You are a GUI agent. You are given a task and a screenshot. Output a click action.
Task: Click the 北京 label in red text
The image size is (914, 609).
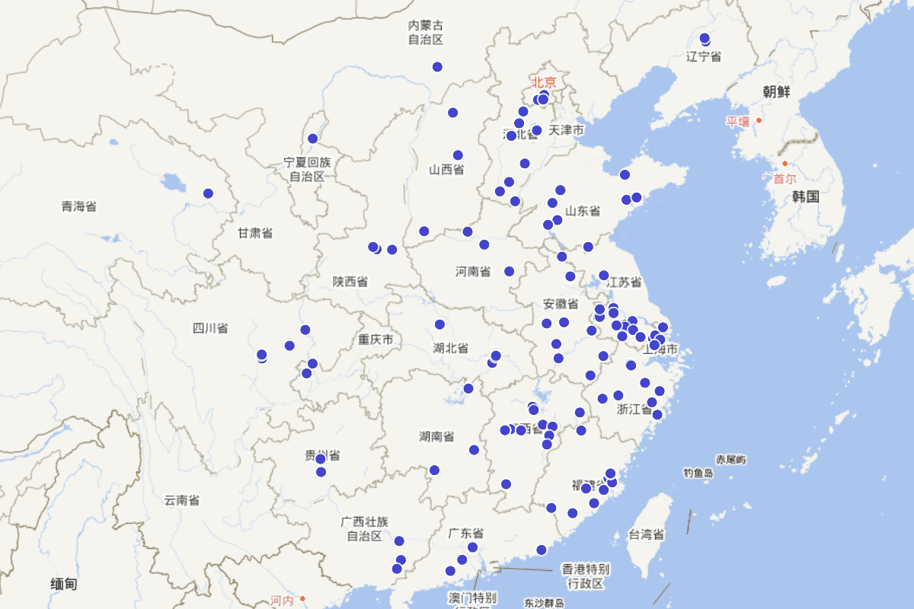pos(545,81)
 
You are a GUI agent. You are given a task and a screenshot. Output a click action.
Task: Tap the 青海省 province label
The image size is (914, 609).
pos(79,206)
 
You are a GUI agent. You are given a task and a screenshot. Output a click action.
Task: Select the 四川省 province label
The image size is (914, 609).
pos(210,329)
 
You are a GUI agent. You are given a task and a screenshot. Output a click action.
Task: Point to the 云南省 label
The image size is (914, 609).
pos(182,500)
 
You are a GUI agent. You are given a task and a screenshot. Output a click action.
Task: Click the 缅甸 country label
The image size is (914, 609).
pos(64,585)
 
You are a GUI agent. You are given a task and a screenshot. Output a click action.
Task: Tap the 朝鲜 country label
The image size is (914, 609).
pos(777,92)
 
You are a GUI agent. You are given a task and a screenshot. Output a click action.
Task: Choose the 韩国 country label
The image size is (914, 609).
pos(805,197)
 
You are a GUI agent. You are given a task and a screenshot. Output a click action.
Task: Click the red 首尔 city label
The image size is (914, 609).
pos(785,179)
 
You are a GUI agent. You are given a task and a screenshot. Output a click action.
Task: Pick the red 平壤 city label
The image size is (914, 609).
pos(737,121)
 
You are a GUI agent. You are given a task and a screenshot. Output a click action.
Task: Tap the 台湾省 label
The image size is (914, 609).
pos(647,534)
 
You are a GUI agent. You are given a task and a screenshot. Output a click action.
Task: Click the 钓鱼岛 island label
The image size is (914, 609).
pos(698,473)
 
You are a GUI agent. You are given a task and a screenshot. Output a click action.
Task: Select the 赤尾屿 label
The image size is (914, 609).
pos(731,460)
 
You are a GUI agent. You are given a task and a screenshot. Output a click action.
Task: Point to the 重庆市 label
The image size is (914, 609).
pos(376,340)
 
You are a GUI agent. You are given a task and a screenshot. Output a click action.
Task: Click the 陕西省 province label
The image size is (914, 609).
pos(350,282)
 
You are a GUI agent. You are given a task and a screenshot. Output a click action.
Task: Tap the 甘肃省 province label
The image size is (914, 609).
pos(255,234)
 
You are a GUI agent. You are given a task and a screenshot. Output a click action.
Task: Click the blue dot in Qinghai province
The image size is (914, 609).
pos(208,193)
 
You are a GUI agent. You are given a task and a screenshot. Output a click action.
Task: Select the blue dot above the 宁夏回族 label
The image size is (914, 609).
pos(312,139)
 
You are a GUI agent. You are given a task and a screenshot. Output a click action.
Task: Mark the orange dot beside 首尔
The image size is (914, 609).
pos(785,164)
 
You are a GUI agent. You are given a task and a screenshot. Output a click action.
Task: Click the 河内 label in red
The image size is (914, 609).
pos(282,601)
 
